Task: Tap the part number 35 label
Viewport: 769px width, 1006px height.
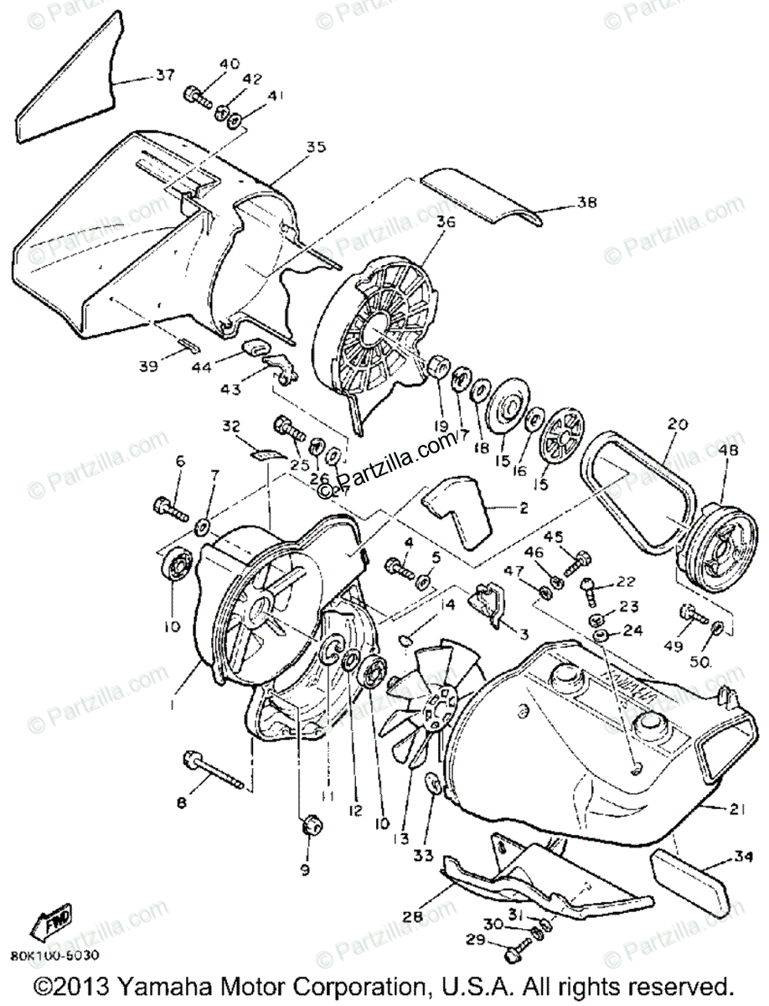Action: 292,148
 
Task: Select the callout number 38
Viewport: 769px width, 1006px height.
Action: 585,202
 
